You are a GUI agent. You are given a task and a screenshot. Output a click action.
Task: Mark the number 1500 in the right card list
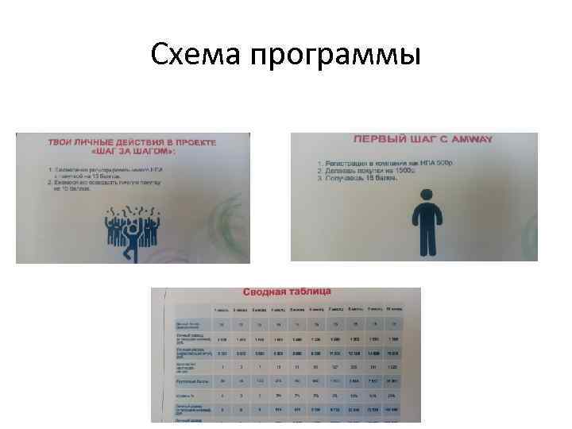pos(408,170)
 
